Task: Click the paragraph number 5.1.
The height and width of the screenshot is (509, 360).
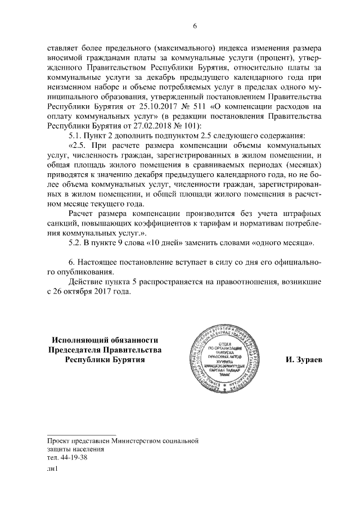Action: pos(75,136)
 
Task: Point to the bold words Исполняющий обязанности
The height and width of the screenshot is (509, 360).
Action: pos(105,339)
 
